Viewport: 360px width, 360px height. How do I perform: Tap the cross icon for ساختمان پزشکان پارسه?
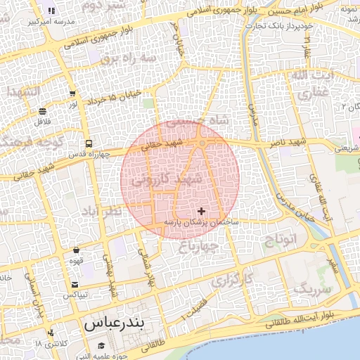(x=202, y=211)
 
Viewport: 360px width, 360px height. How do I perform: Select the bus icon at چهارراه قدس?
(x=88, y=143)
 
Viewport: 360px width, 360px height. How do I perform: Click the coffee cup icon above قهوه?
(x=76, y=250)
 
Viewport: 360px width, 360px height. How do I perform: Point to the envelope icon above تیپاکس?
(x=75, y=285)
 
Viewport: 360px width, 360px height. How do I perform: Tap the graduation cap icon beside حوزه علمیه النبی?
(x=102, y=345)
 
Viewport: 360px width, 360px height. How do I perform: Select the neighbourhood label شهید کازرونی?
(x=166, y=180)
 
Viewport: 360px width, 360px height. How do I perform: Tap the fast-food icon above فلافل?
(x=43, y=111)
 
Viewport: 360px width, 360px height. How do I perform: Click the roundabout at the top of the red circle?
(x=202, y=143)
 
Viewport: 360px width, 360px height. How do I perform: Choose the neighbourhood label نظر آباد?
(x=102, y=211)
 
